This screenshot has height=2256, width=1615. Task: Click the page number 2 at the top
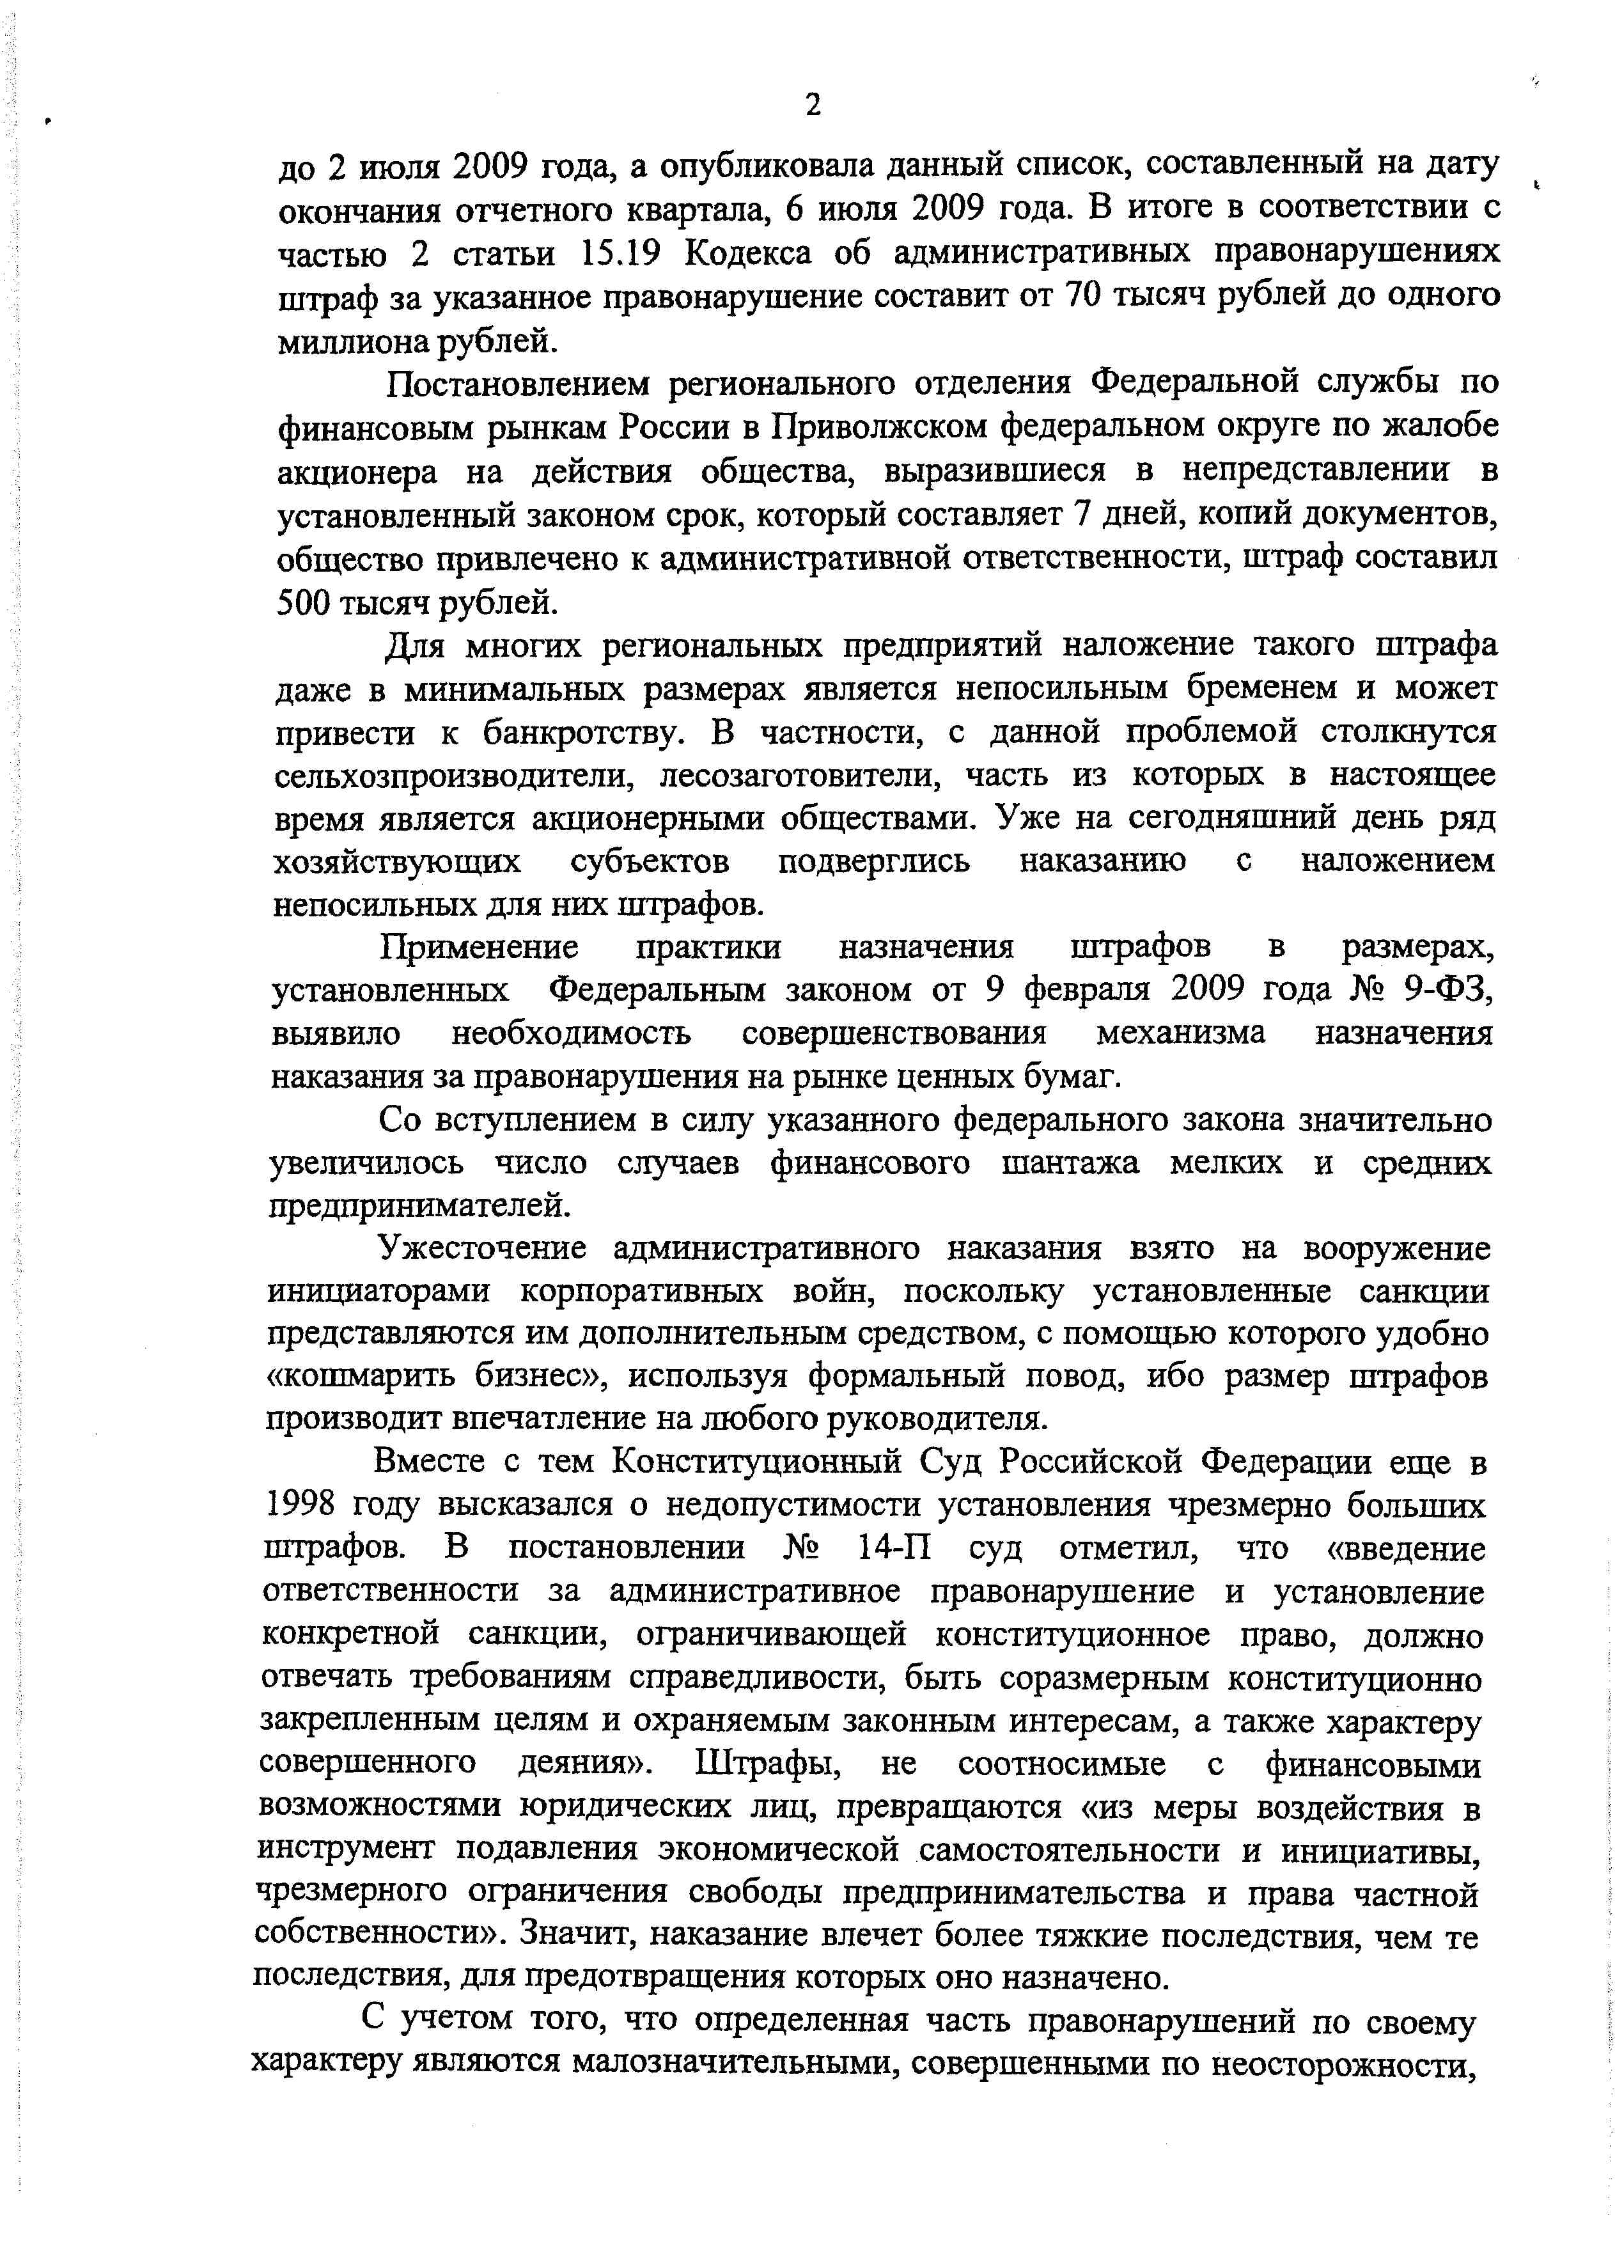(813, 104)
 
